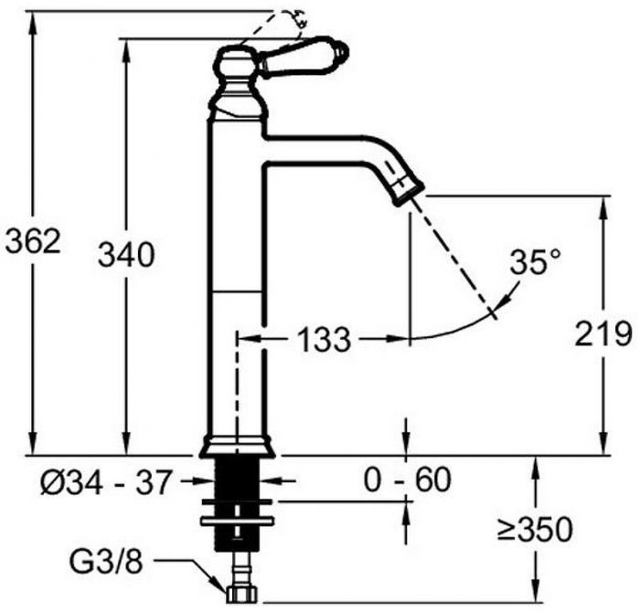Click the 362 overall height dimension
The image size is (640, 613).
pos(33,240)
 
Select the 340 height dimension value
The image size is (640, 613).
pos(126,255)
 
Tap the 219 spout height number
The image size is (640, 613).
pos(603,333)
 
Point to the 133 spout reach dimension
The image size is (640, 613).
pos(325,339)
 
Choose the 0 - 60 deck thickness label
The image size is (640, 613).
pos(408,480)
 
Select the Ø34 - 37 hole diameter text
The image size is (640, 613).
pos(105,482)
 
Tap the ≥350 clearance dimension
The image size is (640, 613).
pos(535,530)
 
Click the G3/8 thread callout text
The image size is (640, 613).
pos(106,563)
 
